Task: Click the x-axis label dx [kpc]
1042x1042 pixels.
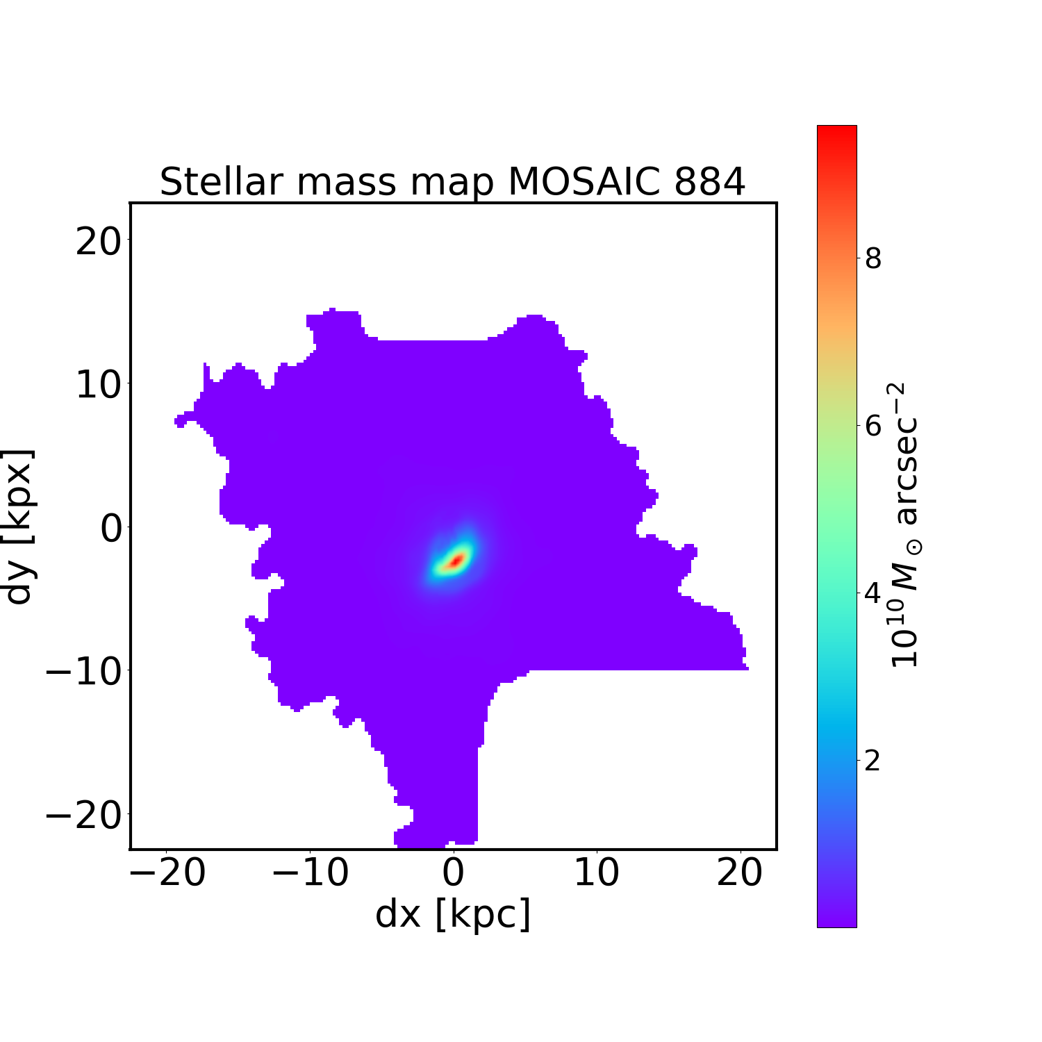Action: click(453, 914)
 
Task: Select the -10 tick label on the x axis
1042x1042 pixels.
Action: click(310, 873)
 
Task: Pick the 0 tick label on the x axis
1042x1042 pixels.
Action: click(453, 873)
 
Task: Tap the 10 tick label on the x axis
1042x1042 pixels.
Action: click(597, 873)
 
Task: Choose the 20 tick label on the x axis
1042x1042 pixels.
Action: click(740, 873)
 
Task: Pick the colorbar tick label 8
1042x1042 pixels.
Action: click(873, 258)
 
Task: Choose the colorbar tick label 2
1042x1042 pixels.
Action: click(873, 761)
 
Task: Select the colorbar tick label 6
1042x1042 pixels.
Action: click(873, 426)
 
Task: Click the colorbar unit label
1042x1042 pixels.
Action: click(904, 526)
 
